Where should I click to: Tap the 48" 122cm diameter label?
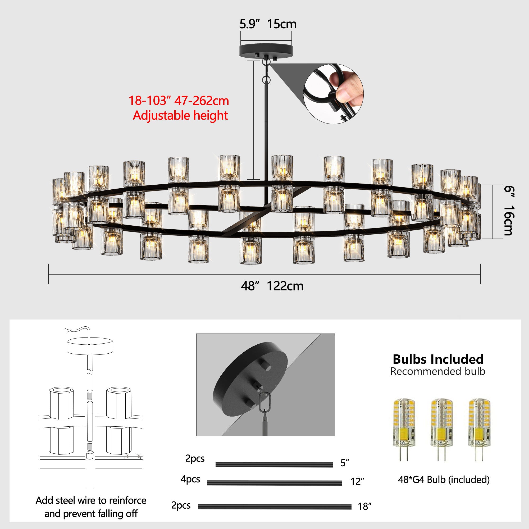tap(272, 286)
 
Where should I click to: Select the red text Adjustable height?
tap(180, 115)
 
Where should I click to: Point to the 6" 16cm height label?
tap(509, 211)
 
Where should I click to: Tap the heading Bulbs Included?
tap(438, 359)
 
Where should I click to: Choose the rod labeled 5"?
tap(274, 465)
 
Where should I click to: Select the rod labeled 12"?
tap(275, 483)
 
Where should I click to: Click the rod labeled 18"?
tap(274, 507)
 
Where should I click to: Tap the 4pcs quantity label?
tap(190, 479)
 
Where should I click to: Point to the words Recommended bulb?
tap(437, 372)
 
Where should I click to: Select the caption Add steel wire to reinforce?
tap(91, 500)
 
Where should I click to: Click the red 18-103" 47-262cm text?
tap(179, 101)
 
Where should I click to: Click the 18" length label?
tap(365, 507)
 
